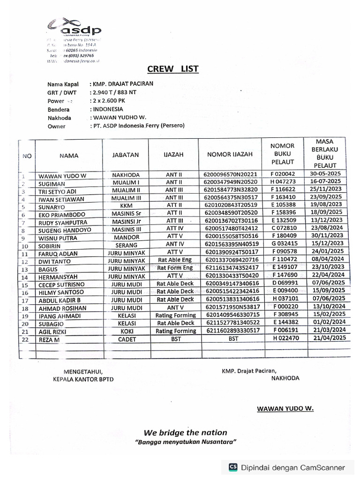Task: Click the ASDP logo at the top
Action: point(75,27)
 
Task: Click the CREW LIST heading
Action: point(172,69)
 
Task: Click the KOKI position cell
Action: point(126,331)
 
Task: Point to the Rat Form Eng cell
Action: point(175,268)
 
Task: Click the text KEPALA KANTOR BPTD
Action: point(82,379)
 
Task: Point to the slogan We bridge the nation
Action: point(185,432)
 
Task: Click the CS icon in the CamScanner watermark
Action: point(232,467)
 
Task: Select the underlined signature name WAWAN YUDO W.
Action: point(285,408)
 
